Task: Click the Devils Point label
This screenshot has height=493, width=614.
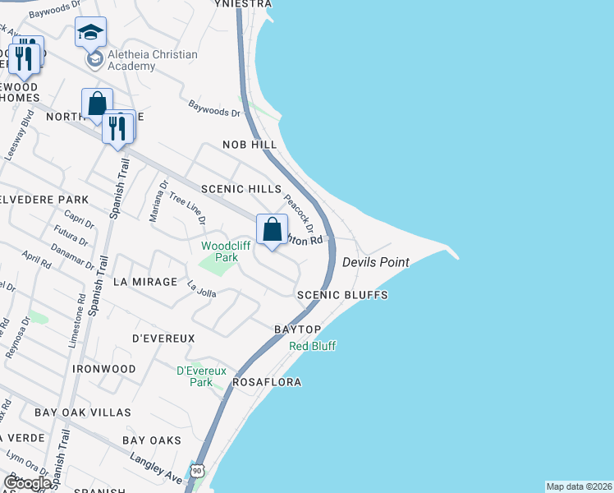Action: pyautogui.click(x=375, y=261)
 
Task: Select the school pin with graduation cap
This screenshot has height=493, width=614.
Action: pyautogui.click(x=90, y=33)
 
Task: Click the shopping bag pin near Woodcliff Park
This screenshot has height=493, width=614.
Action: pyautogui.click(x=272, y=229)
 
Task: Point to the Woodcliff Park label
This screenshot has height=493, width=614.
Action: pyautogui.click(x=220, y=251)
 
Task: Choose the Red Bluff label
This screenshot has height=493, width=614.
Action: pyautogui.click(x=313, y=346)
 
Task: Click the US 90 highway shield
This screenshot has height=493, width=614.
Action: pyautogui.click(x=196, y=470)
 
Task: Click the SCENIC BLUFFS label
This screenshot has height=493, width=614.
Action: pyautogui.click(x=342, y=294)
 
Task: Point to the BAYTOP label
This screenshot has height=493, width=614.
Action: pyautogui.click(x=297, y=329)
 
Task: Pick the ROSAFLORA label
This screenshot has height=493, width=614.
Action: pyautogui.click(x=267, y=383)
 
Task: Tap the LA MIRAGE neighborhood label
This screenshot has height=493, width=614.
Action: pyautogui.click(x=145, y=282)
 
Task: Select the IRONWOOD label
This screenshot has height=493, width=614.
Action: pyautogui.click(x=104, y=369)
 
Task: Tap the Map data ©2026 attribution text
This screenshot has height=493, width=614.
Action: pyautogui.click(x=580, y=486)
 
